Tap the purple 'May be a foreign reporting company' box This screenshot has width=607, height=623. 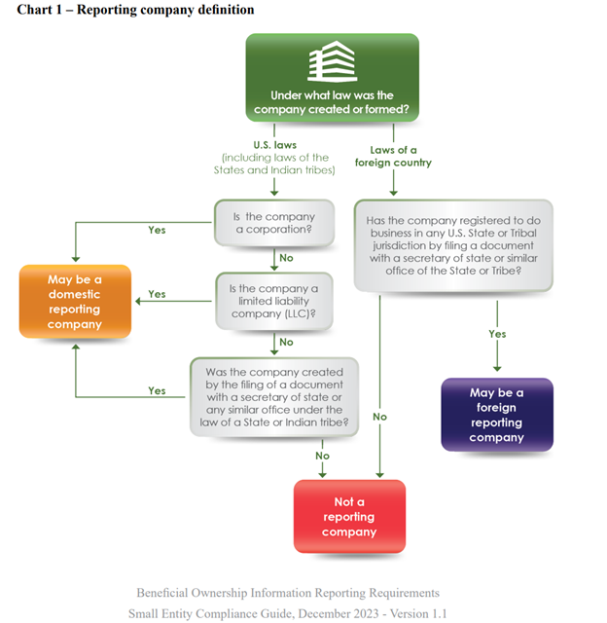pyautogui.click(x=496, y=415)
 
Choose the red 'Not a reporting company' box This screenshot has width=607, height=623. pyautogui.click(x=349, y=517)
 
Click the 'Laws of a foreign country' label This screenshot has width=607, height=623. pyautogui.click(x=400, y=156)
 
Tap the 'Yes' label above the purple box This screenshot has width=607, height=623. pyautogui.click(x=497, y=334)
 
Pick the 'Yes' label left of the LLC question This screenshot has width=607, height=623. pyautogui.click(x=157, y=294)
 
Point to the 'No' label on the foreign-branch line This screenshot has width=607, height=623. pyautogui.click(x=379, y=417)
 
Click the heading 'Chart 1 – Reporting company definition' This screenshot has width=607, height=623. pyautogui.click(x=136, y=10)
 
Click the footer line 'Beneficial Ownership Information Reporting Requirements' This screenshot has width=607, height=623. pyautogui.click(x=289, y=593)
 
